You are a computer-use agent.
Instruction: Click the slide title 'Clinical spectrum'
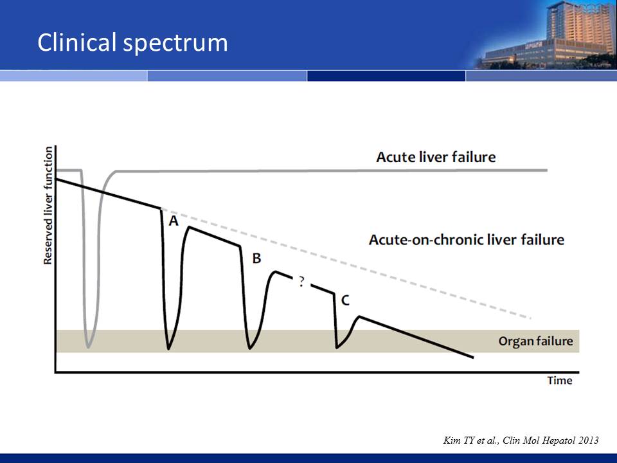tap(132, 43)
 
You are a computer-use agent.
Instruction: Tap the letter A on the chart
tap(174, 221)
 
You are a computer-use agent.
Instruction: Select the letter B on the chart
tap(256, 259)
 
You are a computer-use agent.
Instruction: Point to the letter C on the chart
tap(345, 300)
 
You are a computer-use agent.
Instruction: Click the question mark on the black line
tap(301, 282)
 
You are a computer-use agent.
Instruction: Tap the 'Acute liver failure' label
tap(436, 157)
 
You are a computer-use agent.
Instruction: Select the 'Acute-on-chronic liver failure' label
tap(467, 240)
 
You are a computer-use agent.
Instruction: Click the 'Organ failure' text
tap(535, 341)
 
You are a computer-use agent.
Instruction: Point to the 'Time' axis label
tap(560, 380)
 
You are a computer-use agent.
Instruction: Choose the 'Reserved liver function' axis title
tap(48, 205)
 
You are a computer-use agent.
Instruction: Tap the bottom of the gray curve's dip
tap(88, 347)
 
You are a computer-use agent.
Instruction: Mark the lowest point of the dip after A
tap(168, 349)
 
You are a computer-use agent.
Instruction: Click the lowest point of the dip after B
tap(249, 348)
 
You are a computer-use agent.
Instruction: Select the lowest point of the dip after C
tap(336, 348)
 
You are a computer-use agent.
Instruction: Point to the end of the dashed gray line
tap(531, 318)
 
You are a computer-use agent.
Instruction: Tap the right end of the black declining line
tap(472, 358)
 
